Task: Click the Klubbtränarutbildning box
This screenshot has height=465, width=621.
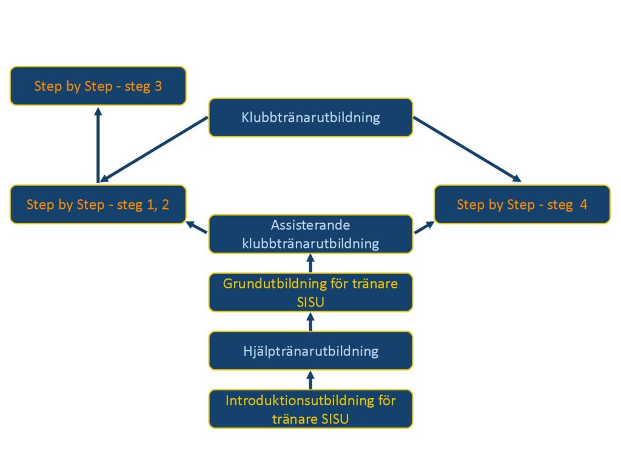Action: [310, 117]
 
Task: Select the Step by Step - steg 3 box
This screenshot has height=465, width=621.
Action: [98, 86]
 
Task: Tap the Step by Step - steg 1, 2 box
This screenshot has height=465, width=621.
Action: [98, 204]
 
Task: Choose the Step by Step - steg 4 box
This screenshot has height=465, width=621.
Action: [522, 204]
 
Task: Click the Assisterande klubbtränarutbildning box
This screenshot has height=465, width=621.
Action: [310, 234]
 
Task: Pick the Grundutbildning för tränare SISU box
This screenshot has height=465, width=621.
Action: [310, 292]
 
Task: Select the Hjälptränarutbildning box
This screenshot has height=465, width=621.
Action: [310, 351]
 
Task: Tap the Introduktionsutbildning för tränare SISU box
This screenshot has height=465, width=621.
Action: [310, 409]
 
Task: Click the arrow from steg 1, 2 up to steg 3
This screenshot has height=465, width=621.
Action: [98, 145]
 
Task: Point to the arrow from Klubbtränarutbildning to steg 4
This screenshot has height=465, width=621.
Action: [467, 149]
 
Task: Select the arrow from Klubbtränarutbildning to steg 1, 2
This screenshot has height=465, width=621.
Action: [155, 149]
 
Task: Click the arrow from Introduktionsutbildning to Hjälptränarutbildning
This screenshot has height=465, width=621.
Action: [310, 380]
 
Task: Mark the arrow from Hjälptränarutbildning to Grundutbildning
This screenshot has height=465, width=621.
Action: [310, 322]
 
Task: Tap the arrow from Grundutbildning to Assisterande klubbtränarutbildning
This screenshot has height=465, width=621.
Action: [310, 263]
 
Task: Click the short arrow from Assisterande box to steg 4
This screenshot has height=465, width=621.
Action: [424, 227]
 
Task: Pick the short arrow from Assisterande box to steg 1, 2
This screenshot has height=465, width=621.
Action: [197, 227]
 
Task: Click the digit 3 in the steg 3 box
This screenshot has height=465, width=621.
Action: [158, 86]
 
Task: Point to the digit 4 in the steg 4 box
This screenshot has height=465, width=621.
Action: [583, 204]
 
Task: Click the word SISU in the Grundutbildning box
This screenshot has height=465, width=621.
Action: [310, 301]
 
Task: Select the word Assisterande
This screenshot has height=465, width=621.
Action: [310, 225]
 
